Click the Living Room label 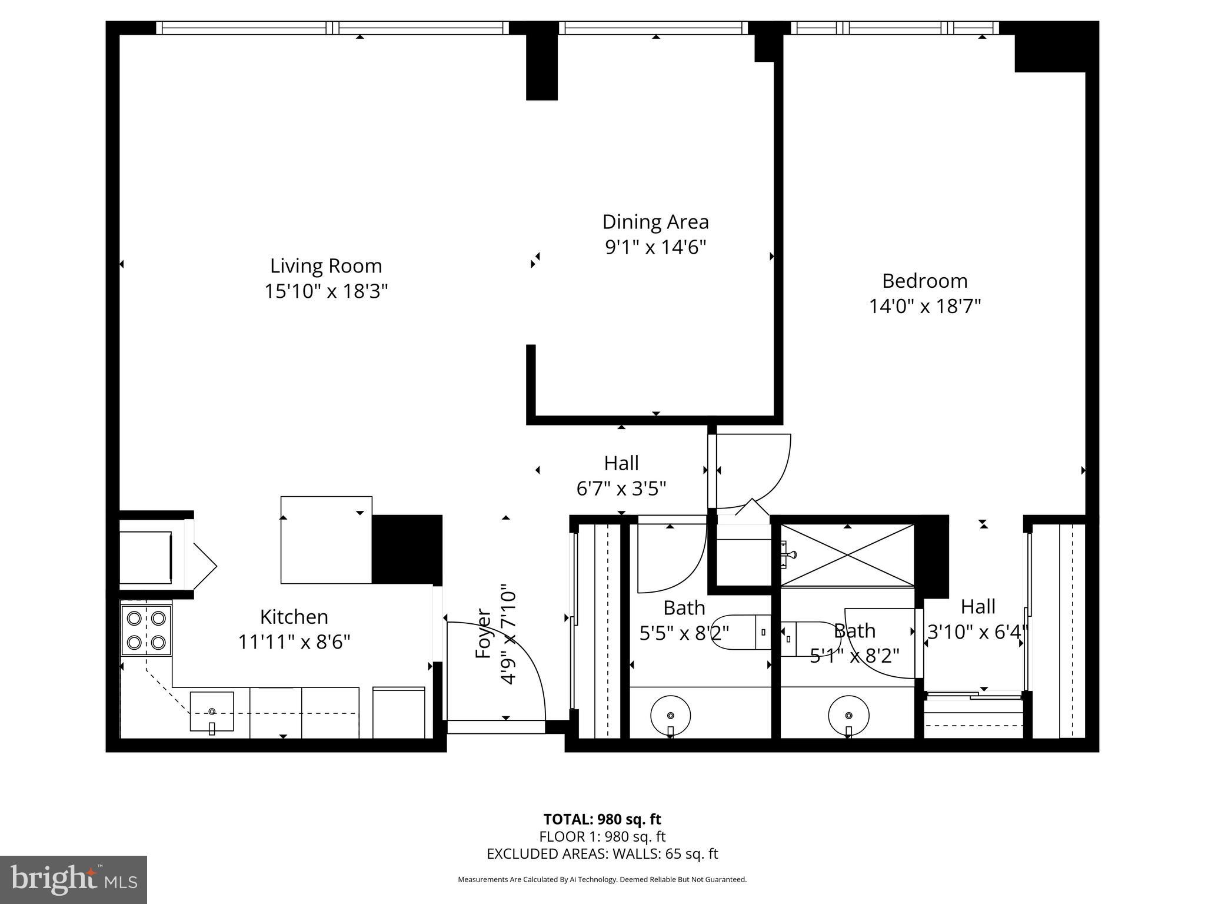tap(326, 266)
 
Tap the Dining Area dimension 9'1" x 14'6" tap(655, 247)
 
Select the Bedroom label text tap(924, 281)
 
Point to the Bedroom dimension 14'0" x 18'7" tap(925, 307)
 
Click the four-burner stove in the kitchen tap(146, 630)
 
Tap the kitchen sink tap(212, 712)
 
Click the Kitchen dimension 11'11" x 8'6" tap(294, 642)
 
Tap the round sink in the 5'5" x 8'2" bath tap(670, 715)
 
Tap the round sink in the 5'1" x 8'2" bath tap(848, 715)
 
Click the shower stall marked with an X tap(847, 555)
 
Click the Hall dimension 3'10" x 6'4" tap(978, 632)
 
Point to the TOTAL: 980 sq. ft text tap(602, 819)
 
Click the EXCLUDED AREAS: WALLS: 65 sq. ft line tap(602, 854)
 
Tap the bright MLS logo tap(74, 879)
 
